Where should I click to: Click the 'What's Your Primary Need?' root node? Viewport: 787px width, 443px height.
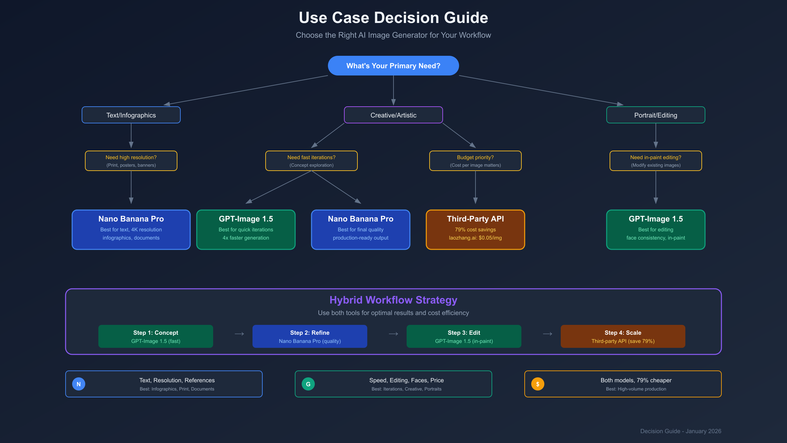click(x=393, y=66)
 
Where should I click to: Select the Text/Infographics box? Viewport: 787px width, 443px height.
click(x=131, y=115)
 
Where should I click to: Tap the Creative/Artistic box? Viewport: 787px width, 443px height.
click(x=393, y=115)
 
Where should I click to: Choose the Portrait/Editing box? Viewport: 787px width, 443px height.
click(x=656, y=115)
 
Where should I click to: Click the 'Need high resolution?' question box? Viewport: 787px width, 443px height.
click(x=131, y=161)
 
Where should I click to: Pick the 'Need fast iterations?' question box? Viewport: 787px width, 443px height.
click(x=311, y=161)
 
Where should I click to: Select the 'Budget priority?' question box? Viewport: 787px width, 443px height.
click(x=475, y=161)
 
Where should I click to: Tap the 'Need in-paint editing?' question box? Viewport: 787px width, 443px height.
click(x=656, y=161)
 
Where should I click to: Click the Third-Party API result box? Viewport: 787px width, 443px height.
click(x=475, y=229)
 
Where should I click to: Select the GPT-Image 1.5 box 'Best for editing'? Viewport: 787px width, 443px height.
click(x=656, y=229)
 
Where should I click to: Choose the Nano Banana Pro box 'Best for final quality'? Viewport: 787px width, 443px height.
click(x=360, y=229)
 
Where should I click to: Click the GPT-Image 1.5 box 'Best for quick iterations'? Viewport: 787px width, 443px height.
click(x=246, y=229)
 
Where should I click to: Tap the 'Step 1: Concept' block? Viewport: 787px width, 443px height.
click(x=156, y=336)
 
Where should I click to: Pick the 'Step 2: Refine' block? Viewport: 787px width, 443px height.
click(x=310, y=336)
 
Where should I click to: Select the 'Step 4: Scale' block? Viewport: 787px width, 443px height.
click(x=623, y=336)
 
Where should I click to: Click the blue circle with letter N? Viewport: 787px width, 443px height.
click(x=79, y=384)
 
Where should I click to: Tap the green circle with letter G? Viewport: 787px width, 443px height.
click(x=308, y=384)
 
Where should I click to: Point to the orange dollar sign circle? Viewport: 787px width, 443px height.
click(x=538, y=384)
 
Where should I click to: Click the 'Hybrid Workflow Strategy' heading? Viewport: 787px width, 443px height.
click(x=393, y=300)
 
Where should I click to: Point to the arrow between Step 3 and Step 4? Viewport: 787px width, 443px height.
click(x=547, y=334)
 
